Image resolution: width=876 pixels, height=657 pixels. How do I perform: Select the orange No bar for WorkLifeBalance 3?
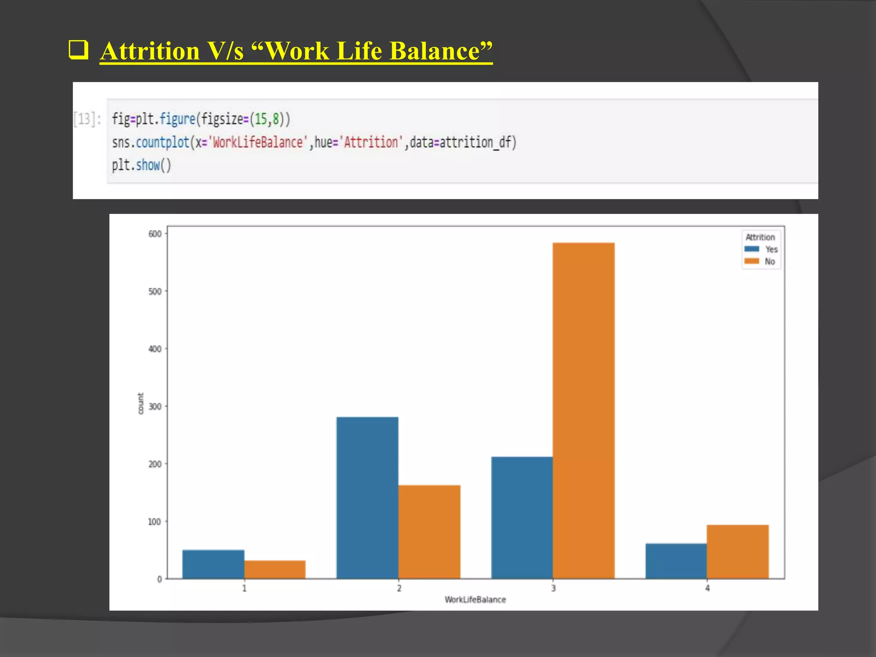pos(583,411)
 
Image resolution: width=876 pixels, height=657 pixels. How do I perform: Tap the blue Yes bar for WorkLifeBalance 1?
pos(213,564)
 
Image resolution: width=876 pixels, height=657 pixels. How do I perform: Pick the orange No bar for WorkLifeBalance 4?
pos(737,552)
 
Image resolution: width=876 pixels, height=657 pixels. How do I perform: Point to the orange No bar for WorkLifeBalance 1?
pos(275,569)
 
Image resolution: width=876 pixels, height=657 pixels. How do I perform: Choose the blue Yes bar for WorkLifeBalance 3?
pos(522,518)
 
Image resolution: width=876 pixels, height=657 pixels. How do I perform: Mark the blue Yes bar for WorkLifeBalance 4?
pos(676,561)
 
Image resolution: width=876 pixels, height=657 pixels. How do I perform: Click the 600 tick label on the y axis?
pos(155,234)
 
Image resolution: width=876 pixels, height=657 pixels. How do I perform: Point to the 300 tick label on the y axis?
pos(155,407)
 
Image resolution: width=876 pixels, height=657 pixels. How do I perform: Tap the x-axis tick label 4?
pos(707,589)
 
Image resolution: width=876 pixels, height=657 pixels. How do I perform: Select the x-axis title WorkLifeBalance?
pos(475,600)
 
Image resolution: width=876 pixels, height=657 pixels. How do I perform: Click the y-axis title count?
pos(141,403)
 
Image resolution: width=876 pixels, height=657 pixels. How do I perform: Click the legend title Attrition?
pos(760,237)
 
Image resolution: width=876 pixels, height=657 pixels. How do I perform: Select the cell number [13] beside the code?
pos(84,118)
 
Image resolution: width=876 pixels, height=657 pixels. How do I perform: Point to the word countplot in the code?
pos(163,142)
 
